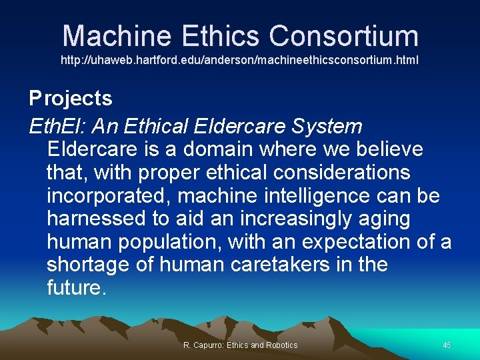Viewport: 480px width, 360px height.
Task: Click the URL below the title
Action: [x=240, y=60]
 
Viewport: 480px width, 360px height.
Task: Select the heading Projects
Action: [x=71, y=99]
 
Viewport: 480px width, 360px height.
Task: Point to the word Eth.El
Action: [x=57, y=126]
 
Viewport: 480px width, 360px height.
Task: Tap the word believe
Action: [x=389, y=149]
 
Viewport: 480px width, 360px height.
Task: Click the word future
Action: [x=75, y=288]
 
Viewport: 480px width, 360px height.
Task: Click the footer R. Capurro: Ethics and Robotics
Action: [x=240, y=345]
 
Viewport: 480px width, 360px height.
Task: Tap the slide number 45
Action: [x=447, y=345]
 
